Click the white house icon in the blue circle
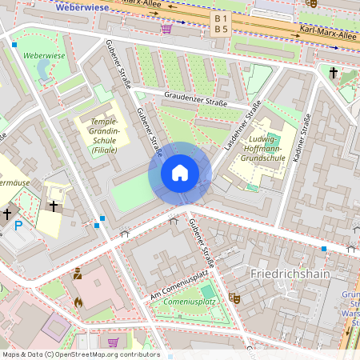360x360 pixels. click(180, 173)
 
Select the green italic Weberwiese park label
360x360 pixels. click(44, 56)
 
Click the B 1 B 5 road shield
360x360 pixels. click(221, 24)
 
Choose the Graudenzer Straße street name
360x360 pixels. click(195, 102)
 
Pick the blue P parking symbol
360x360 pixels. click(18, 226)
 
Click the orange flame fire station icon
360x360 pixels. click(78, 302)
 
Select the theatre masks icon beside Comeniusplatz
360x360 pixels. click(235, 297)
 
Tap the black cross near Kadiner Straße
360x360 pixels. click(334, 74)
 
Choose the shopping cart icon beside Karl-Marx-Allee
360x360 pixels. click(166, 29)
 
